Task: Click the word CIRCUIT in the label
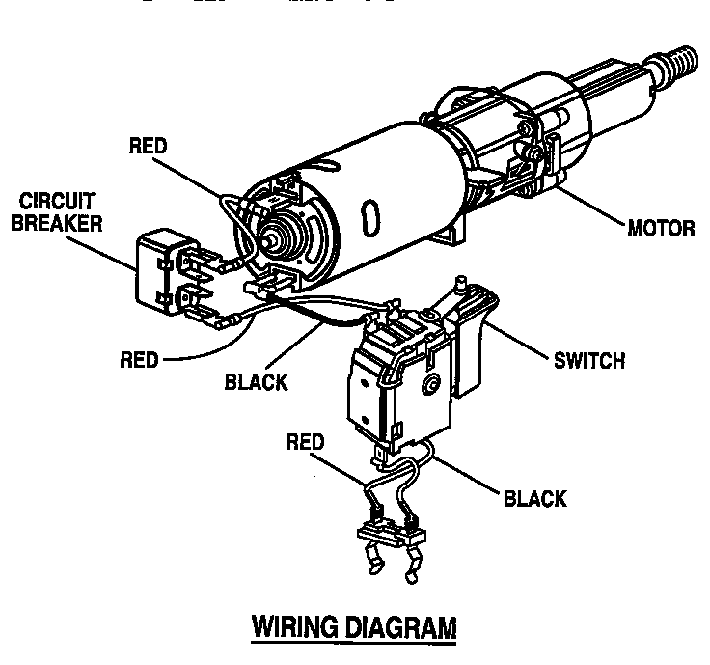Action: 55,204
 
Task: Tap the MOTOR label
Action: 661,230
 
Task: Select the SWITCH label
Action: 589,361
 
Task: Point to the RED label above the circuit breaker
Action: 148,146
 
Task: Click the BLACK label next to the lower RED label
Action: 256,382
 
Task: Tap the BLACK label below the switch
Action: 535,499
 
